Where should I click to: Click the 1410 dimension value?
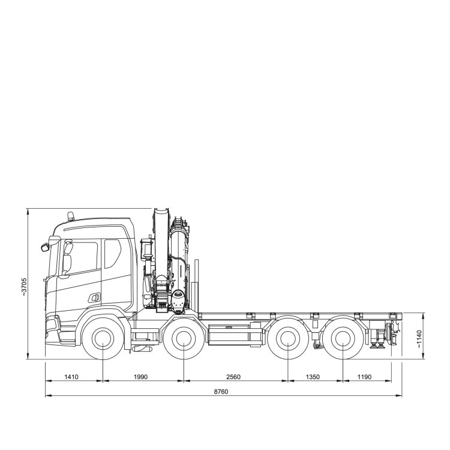click(x=71, y=377)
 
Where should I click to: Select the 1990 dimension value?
click(x=140, y=377)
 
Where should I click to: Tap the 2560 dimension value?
click(x=233, y=377)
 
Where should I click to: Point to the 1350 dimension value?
click(x=313, y=377)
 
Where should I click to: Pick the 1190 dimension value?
click(x=364, y=377)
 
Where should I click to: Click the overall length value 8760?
click(x=221, y=391)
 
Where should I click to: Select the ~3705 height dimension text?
click(x=24, y=287)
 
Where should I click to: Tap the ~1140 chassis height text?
click(x=419, y=339)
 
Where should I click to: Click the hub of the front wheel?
click(x=103, y=338)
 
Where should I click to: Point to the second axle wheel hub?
click(x=184, y=338)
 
